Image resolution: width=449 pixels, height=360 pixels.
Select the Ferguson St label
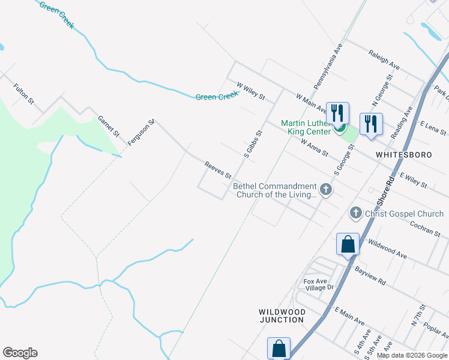point(141,133)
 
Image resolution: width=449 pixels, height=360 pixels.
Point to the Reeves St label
point(217,170)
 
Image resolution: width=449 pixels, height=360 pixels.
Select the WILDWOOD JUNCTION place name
point(282,316)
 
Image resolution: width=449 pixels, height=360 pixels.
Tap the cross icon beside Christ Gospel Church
point(355,213)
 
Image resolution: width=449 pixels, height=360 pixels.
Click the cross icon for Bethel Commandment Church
point(326,190)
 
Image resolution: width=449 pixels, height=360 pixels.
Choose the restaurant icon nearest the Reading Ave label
point(370,124)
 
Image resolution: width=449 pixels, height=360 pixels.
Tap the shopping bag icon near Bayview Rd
point(348,244)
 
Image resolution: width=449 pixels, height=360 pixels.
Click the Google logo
point(20,353)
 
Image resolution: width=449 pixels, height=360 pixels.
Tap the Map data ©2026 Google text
point(412,355)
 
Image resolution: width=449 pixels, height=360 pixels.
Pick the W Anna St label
point(315,148)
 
